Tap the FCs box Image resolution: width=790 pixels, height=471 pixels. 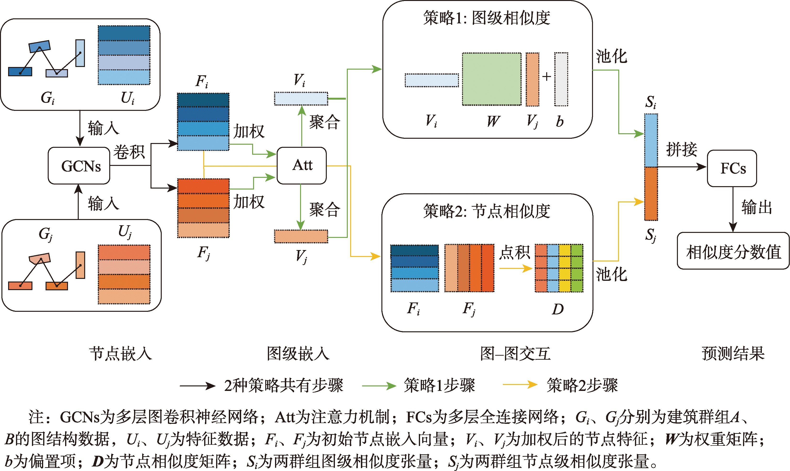tap(732, 168)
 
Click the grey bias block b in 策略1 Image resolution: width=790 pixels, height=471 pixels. tap(561, 79)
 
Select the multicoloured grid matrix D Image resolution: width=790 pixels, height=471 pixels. tap(559, 268)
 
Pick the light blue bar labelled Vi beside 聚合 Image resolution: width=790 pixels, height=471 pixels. tap(301, 98)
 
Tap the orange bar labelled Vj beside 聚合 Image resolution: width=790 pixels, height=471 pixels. tap(301, 236)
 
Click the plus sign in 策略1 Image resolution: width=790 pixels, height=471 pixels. tap(546, 77)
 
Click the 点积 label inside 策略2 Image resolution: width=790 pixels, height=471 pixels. tap(515, 253)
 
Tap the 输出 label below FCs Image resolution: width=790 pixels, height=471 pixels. tap(757, 207)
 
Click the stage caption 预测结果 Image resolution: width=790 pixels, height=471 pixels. tap(733, 353)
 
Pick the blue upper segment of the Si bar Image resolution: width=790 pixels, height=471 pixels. tap(651, 140)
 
